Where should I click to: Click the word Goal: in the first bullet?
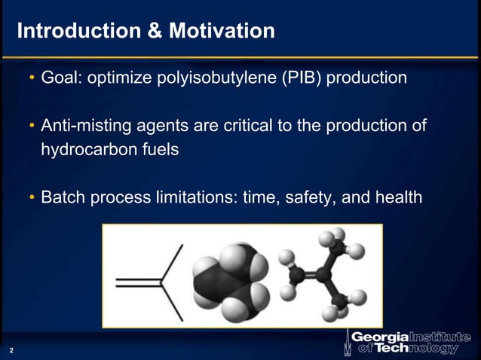[x=63, y=78]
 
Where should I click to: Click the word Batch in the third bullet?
[x=63, y=197]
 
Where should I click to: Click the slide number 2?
[x=11, y=351]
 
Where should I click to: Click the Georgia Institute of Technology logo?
[x=407, y=341]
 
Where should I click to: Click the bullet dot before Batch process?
[x=32, y=198]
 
